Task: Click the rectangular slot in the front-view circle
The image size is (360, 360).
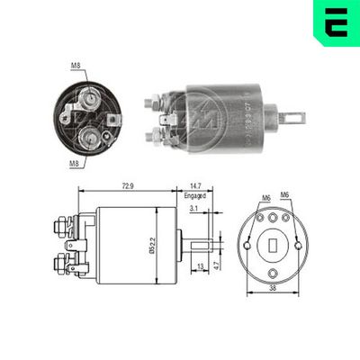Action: click(x=272, y=244)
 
